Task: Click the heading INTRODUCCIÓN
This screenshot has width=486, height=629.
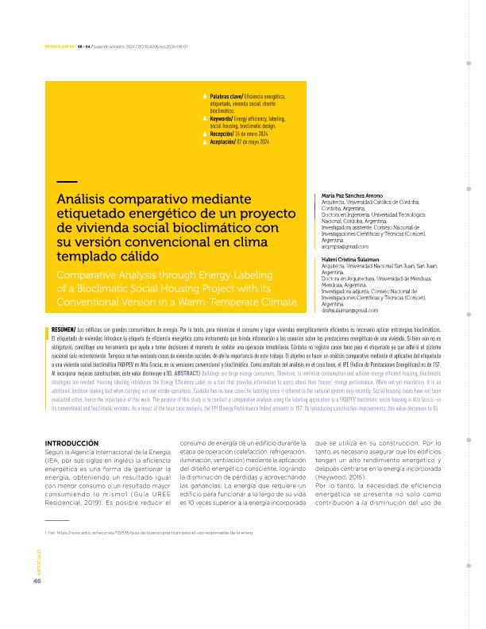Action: [x=71, y=442]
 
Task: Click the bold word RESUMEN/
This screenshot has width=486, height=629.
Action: [x=64, y=329]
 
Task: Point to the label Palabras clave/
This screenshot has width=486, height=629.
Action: [x=228, y=96]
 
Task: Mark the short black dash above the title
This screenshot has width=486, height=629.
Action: [x=67, y=183]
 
